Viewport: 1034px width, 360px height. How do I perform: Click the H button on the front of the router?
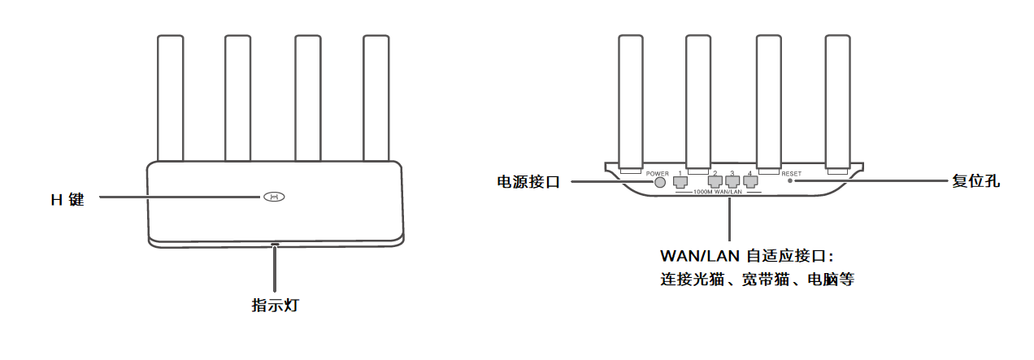[275, 197]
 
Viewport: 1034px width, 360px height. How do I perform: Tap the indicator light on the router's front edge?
[275, 243]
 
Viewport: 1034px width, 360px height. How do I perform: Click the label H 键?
[67, 198]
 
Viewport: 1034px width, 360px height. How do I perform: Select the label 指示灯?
[276, 306]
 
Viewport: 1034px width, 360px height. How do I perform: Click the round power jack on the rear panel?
[660, 182]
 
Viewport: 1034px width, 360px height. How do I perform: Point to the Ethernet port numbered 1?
[680, 182]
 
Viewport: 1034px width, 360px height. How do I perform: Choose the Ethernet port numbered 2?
[715, 182]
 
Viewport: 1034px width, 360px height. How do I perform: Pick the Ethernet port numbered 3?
[732, 182]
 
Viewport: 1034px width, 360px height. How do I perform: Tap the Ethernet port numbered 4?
[749, 182]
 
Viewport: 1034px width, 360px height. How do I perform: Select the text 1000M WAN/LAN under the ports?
[719, 192]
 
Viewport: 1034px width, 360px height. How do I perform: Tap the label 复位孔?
[975, 182]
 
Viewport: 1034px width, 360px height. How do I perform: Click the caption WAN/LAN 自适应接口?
[748, 255]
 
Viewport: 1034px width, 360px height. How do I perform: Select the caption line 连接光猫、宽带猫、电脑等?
[757, 280]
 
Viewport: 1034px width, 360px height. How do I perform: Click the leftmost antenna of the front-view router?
[170, 98]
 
